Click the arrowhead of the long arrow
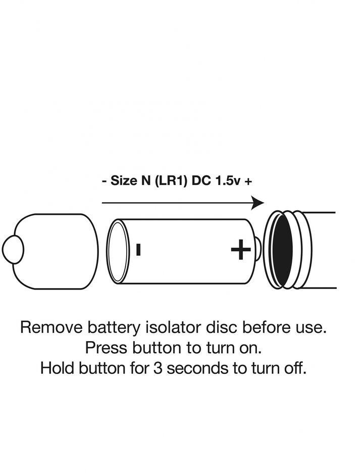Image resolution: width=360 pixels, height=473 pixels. pos(258,203)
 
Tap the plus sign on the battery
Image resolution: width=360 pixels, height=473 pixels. pos(241,249)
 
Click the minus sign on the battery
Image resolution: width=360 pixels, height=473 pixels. pos(138,249)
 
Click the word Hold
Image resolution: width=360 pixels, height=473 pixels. pos(57,368)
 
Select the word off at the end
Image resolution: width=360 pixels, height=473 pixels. pos(295,368)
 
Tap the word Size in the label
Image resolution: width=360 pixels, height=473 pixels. pos(121,181)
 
